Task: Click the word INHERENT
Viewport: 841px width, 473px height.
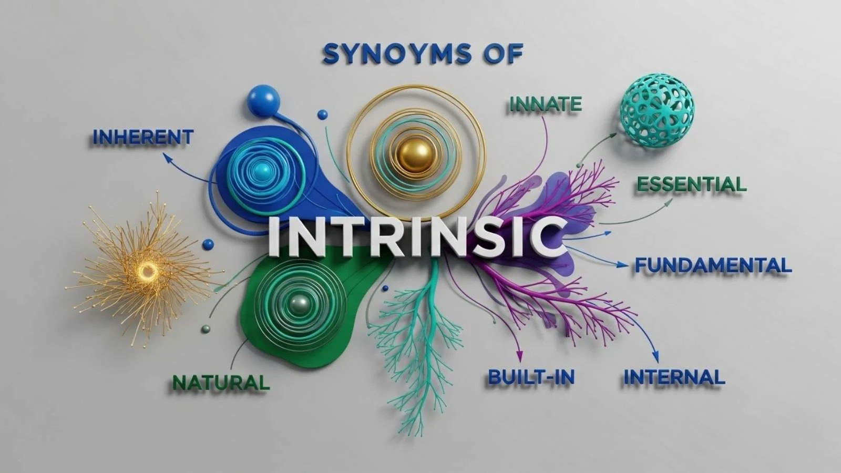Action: click(143, 137)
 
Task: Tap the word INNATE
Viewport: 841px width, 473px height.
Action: click(546, 104)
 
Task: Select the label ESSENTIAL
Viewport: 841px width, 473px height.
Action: click(691, 184)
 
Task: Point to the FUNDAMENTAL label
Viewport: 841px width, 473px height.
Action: click(713, 265)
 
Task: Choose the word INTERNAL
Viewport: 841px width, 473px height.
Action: click(674, 377)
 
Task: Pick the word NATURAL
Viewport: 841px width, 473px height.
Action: click(221, 382)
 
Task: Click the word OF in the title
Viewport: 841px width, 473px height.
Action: click(501, 54)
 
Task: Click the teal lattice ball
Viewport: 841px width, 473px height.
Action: click(657, 110)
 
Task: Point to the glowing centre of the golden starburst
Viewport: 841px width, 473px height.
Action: click(148, 271)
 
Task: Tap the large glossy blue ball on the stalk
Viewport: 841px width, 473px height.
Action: click(263, 100)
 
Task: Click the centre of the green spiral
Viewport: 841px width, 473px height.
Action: click(300, 303)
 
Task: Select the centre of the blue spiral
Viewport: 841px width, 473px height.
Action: click(260, 170)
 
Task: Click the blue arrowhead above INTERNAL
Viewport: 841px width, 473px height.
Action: click(654, 356)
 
